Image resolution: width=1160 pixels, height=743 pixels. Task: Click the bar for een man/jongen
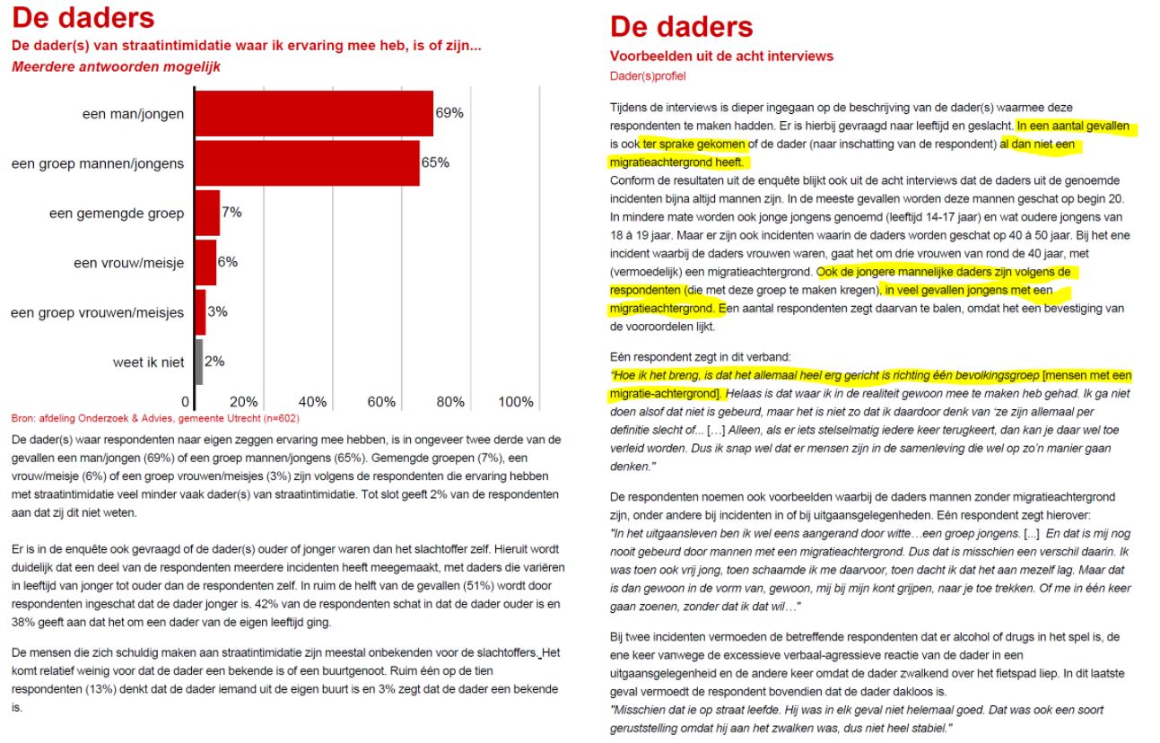pyautogui.click(x=313, y=113)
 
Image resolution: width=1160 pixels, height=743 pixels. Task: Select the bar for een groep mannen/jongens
pyautogui.click(x=306, y=162)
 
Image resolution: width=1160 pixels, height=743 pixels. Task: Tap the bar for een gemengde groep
pyautogui.click(x=206, y=213)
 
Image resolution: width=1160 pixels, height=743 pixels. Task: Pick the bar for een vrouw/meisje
pyautogui.click(x=205, y=262)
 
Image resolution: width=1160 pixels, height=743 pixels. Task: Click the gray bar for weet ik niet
pyautogui.click(x=198, y=362)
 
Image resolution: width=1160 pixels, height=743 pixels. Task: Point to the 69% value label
pyautogui.click(x=449, y=113)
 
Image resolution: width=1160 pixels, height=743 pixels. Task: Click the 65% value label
pyautogui.click(x=435, y=162)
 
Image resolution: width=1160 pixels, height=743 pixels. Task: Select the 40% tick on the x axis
pyautogui.click(x=311, y=402)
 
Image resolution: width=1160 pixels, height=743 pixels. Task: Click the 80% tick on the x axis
pyautogui.click(x=449, y=402)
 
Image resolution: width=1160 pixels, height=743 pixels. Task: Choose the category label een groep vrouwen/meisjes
pyautogui.click(x=97, y=312)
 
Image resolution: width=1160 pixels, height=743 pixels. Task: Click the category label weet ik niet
pyautogui.click(x=148, y=362)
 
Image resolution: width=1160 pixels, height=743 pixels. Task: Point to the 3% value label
pyautogui.click(x=217, y=312)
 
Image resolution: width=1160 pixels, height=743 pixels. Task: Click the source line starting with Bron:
pyautogui.click(x=155, y=418)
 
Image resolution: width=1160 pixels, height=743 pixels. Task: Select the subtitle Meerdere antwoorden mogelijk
pyautogui.click(x=116, y=66)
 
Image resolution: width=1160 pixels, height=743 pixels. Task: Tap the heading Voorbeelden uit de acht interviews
pyautogui.click(x=721, y=57)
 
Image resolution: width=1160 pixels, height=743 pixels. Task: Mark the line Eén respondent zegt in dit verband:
pyautogui.click(x=701, y=356)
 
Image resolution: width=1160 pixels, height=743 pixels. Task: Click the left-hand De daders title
pyautogui.click(x=83, y=17)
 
